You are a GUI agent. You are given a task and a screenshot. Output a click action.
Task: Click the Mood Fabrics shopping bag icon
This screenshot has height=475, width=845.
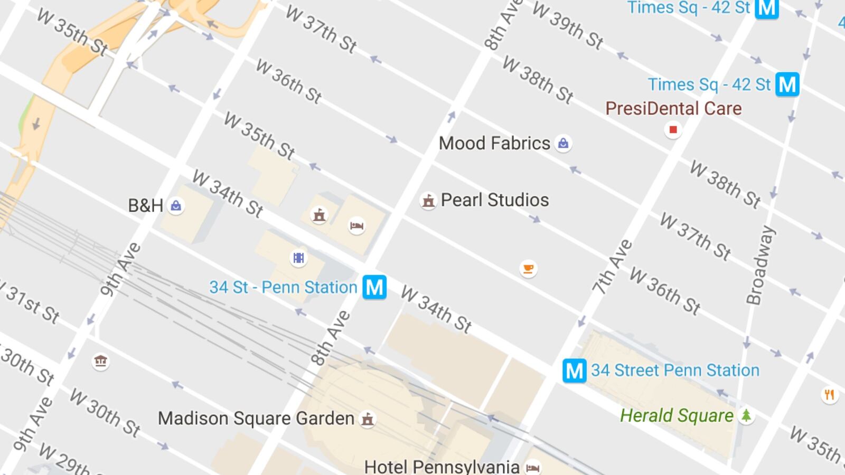point(563,143)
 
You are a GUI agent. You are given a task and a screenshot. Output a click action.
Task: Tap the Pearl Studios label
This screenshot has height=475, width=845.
point(494,200)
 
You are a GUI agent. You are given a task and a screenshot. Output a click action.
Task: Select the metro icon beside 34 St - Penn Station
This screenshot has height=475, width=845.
point(374,288)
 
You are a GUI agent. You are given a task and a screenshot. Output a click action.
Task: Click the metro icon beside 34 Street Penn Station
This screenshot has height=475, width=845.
point(574,370)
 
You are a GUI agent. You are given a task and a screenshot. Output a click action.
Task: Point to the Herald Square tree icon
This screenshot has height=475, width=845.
point(746,416)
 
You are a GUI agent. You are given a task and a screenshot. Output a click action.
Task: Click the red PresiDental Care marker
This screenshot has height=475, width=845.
point(672,129)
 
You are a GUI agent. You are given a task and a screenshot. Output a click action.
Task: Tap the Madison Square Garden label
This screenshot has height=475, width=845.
point(256,419)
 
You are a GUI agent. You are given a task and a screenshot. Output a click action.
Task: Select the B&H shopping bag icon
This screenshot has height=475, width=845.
point(176,206)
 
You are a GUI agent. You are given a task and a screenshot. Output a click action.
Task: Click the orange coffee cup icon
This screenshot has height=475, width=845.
point(528,269)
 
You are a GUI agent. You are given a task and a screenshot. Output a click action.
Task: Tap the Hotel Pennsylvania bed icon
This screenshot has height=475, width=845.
point(533,468)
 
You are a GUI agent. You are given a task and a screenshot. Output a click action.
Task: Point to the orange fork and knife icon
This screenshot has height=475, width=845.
point(829,394)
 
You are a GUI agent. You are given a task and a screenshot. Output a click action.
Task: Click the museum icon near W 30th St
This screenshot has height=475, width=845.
point(100,362)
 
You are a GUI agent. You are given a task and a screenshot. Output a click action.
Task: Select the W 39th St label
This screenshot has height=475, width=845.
point(568,25)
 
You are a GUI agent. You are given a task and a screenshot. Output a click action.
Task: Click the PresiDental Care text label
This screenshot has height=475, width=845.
point(673,108)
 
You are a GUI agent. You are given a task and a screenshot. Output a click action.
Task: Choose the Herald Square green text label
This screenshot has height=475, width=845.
point(677,416)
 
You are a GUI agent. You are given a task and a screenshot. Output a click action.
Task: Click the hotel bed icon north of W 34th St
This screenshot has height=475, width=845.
point(357,226)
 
